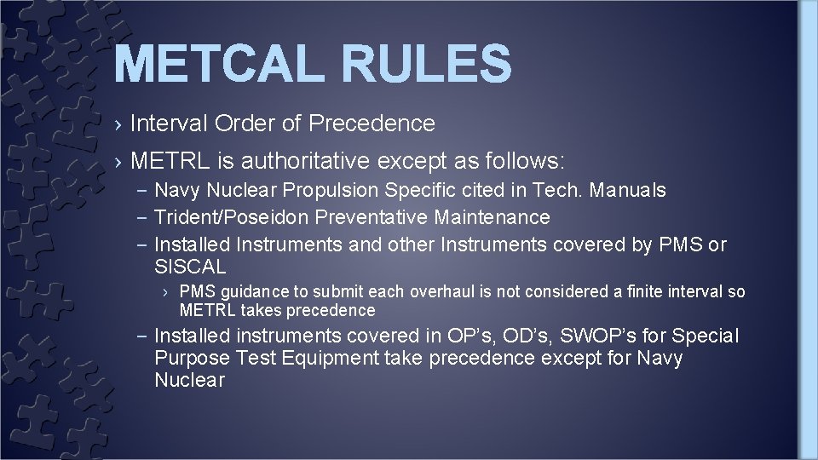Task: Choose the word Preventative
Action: [x=386, y=218]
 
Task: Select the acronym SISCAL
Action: [x=190, y=266]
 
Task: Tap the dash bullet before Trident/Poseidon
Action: [x=142, y=218]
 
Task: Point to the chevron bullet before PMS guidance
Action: [x=168, y=292]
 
